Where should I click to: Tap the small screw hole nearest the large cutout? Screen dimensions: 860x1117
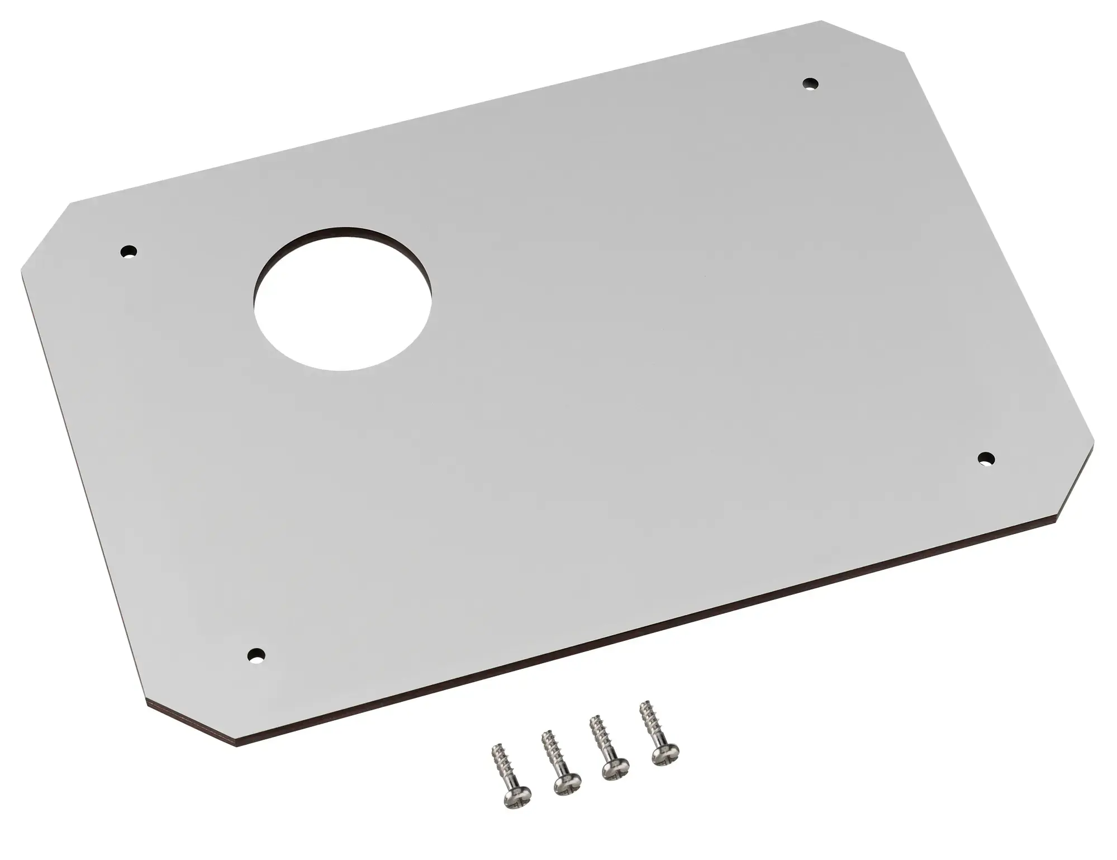129,251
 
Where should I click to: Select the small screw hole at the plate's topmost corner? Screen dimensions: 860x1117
809,84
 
